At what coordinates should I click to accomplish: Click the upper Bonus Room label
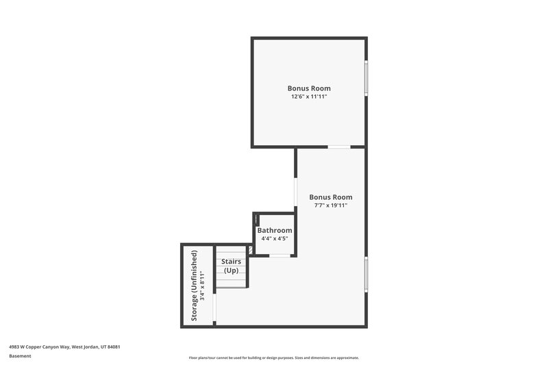pos(309,88)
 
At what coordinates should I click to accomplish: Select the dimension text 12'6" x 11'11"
pos(309,97)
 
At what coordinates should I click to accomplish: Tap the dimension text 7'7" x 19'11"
pos(330,205)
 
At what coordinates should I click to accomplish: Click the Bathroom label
pos(275,231)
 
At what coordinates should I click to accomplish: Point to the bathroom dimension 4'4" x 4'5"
pos(275,239)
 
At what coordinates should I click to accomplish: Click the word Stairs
pos(231,262)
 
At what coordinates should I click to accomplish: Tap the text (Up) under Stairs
pos(231,270)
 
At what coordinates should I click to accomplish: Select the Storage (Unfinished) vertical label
pos(195,286)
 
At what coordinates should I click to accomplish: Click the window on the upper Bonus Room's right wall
pos(366,78)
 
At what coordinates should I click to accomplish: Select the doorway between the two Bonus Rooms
pos(339,147)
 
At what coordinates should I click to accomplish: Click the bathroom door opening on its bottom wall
pos(279,255)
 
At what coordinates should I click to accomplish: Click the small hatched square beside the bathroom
pos(250,251)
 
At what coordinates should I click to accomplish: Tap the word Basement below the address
pos(20,356)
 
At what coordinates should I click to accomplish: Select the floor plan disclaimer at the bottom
pos(273,357)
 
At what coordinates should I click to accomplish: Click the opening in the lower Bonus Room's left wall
pos(296,197)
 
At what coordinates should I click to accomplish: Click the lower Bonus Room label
pos(330,197)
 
